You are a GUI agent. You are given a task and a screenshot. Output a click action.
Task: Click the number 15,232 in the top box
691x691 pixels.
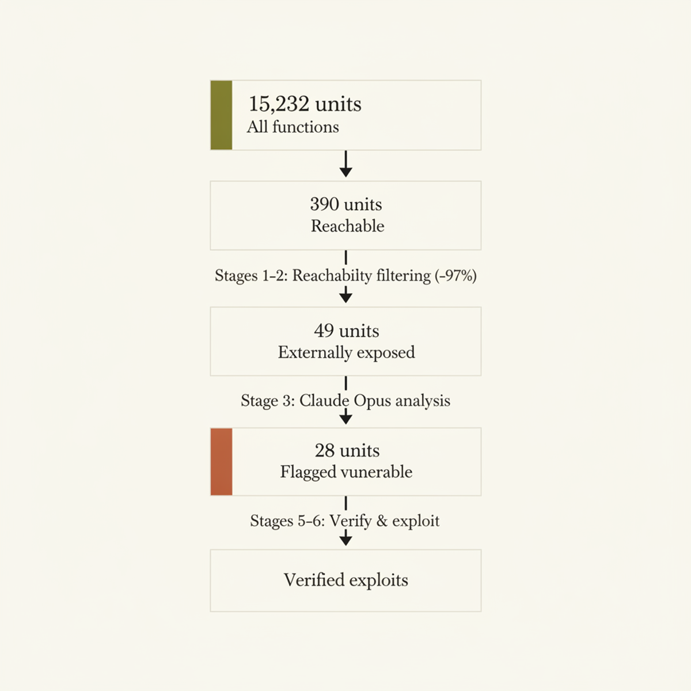(279, 104)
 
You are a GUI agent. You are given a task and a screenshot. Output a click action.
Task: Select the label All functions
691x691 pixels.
(293, 127)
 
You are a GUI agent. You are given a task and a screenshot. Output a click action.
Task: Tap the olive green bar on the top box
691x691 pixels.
(221, 115)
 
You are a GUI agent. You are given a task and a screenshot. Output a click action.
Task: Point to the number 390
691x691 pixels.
(325, 204)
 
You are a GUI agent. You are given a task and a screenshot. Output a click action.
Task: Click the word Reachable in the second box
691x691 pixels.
(347, 226)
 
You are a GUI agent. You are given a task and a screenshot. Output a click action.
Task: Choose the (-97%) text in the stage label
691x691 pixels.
(455, 276)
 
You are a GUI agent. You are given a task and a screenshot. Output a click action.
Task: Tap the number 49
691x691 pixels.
(324, 331)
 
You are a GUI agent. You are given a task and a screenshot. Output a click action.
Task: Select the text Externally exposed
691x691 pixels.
(347, 352)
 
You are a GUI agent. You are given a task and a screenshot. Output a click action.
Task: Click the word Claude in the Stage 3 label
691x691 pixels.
(325, 401)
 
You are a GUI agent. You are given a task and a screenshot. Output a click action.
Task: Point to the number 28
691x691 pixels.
(325, 450)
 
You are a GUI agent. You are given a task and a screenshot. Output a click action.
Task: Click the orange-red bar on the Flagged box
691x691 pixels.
(221, 462)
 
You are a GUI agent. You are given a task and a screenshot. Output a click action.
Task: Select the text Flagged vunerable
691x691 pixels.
(346, 472)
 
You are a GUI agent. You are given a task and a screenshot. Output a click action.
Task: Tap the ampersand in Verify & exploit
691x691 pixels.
(382, 521)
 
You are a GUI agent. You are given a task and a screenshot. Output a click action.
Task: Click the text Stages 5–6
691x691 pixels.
(287, 521)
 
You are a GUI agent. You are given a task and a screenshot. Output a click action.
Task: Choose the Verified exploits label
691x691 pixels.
(346, 580)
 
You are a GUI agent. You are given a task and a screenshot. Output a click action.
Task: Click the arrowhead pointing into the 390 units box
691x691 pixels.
(345, 172)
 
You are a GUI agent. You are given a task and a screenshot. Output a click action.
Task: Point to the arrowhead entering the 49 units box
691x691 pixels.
(345, 297)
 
